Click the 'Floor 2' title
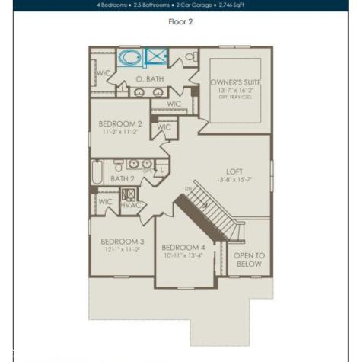click(x=180, y=21)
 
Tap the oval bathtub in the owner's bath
click(x=131, y=58)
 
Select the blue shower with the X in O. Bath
click(x=157, y=56)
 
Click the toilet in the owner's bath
click(x=188, y=56)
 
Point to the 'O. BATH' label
click(x=150, y=79)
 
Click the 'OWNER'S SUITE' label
click(x=234, y=82)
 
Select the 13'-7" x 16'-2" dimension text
click(x=234, y=90)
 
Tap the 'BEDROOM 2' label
click(x=120, y=123)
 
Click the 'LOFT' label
click(x=234, y=171)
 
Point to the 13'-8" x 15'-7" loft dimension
click(x=234, y=181)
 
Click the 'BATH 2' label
click(x=122, y=179)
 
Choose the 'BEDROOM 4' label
click(x=183, y=248)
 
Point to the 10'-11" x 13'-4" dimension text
click(x=183, y=256)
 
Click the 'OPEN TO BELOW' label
click(x=248, y=260)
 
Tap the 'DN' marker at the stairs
click(x=188, y=189)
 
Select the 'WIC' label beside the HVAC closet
click(x=105, y=202)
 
